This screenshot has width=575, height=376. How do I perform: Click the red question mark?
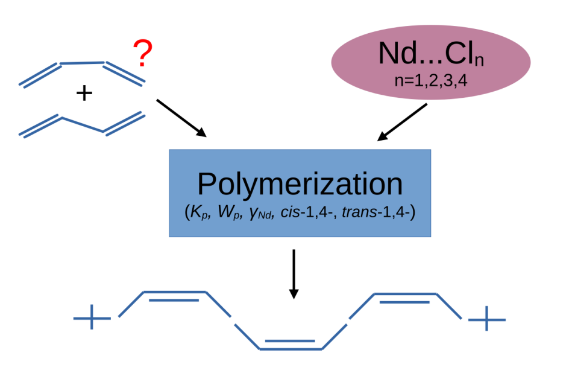(143, 54)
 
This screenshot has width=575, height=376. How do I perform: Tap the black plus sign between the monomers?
(84, 94)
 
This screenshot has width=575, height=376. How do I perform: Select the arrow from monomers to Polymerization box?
(180, 117)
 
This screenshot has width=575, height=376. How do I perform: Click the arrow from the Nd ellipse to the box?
(402, 123)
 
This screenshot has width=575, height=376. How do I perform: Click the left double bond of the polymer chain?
(174, 296)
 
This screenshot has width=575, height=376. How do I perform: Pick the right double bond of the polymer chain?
(405, 298)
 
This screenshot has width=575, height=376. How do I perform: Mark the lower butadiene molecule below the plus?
(83, 124)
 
